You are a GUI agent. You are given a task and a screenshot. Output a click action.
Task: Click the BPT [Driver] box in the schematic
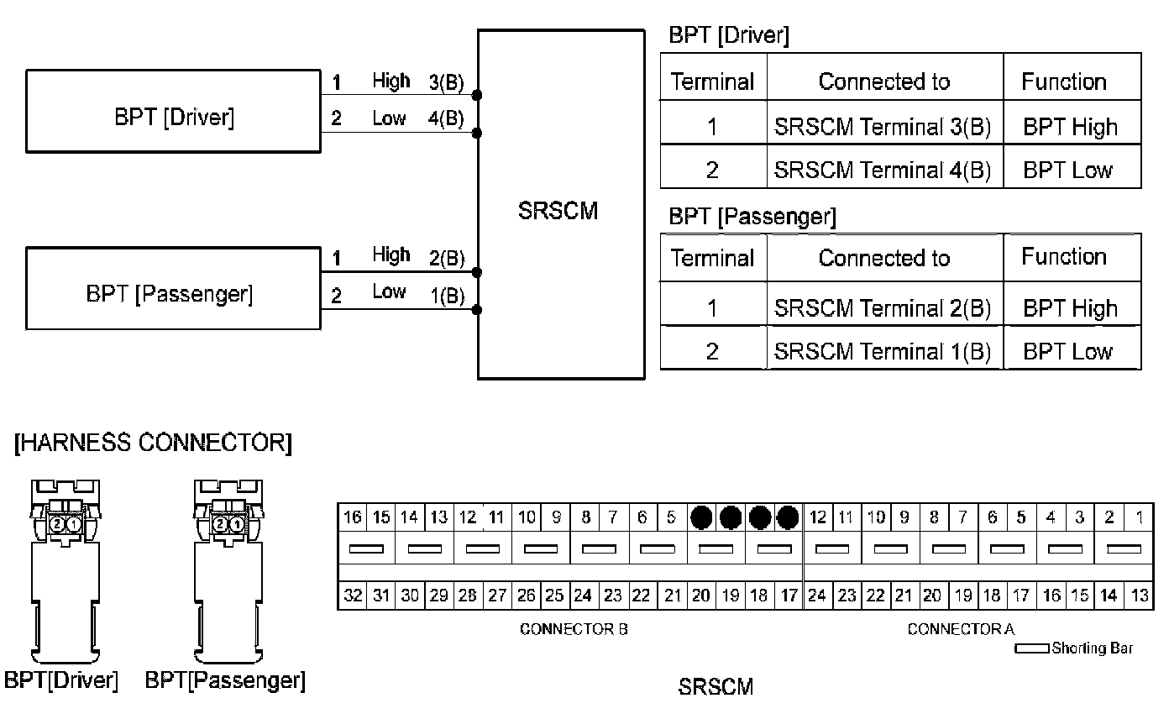click(173, 112)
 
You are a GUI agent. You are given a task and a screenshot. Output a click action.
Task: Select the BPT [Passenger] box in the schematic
click(173, 288)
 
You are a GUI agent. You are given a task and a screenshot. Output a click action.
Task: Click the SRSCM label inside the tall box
click(558, 211)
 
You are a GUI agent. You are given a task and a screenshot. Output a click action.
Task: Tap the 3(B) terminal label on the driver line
click(446, 83)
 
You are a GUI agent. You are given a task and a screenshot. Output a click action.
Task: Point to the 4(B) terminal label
click(446, 118)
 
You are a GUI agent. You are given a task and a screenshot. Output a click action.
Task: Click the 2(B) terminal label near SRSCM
click(447, 260)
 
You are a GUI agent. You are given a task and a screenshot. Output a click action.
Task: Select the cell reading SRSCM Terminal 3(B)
click(883, 128)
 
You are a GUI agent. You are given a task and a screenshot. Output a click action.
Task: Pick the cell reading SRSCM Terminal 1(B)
click(883, 351)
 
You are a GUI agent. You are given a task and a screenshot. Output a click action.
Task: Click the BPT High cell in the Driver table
click(1070, 128)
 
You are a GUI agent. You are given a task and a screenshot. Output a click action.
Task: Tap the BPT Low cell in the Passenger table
click(1067, 351)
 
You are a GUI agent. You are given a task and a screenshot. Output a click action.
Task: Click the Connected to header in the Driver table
click(883, 81)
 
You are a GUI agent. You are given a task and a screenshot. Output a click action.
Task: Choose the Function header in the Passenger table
click(1064, 257)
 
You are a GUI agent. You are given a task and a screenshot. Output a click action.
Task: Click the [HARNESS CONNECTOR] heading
click(153, 443)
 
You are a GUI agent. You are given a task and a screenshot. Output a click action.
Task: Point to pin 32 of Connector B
click(353, 596)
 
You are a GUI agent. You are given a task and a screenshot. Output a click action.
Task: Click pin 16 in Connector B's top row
click(353, 517)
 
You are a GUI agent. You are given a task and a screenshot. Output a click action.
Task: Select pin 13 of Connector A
click(1140, 596)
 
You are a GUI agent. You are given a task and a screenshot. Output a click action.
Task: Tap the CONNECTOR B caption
click(574, 629)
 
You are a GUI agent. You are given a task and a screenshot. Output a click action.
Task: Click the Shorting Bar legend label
click(1092, 648)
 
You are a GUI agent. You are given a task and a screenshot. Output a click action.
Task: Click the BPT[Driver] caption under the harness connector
click(61, 680)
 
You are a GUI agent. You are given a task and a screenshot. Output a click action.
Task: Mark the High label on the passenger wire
click(391, 255)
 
